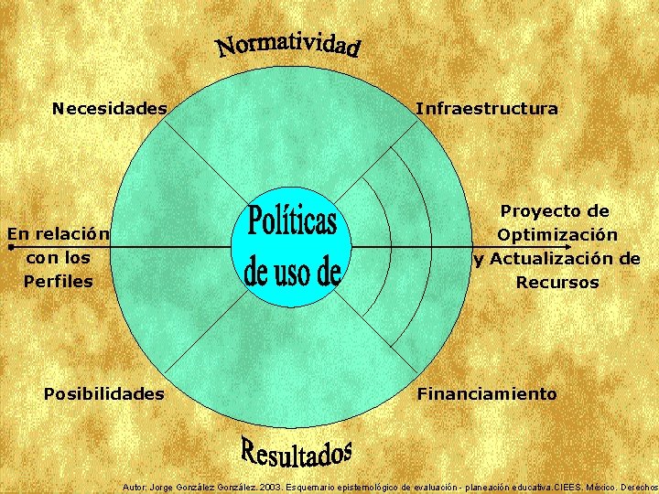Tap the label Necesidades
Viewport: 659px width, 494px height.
[110, 109]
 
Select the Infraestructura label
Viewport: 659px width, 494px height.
[486, 109]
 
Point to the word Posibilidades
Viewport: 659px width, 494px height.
[104, 394]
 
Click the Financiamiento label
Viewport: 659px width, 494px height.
[487, 394]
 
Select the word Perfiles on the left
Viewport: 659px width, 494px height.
[59, 282]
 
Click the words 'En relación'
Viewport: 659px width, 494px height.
[59, 234]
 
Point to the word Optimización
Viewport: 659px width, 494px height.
[556, 235]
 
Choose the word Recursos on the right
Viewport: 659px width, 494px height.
[556, 283]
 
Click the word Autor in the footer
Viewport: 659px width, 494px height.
[135, 487]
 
